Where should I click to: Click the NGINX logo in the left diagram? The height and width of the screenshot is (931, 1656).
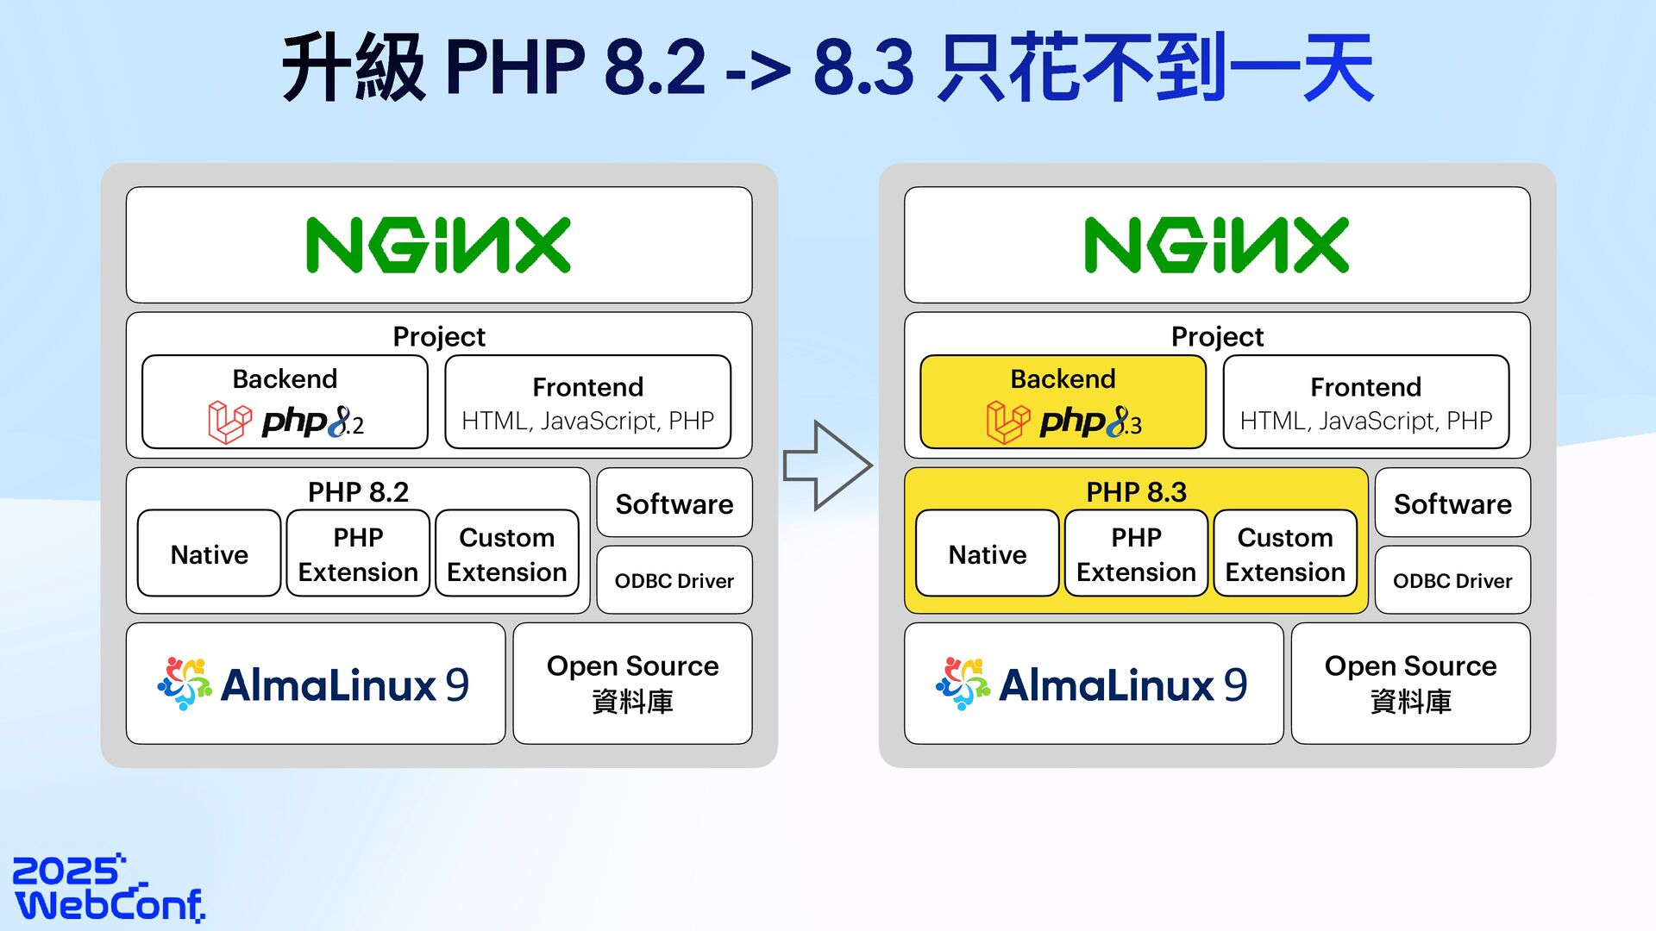[x=438, y=246]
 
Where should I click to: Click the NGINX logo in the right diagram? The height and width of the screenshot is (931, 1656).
[x=1216, y=246]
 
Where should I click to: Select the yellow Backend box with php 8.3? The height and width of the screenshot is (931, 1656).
[x=1063, y=402]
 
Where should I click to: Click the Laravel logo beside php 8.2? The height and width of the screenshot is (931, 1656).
[x=229, y=422]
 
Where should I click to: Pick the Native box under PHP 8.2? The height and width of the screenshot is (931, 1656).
[x=209, y=553]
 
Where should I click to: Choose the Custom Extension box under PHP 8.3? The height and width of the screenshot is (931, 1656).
[x=1285, y=553]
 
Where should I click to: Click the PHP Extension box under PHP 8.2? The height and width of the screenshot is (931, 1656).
[x=358, y=553]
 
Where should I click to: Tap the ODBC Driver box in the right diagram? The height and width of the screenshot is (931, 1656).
[x=1452, y=580]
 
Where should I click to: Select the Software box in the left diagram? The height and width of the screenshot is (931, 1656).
[x=674, y=503]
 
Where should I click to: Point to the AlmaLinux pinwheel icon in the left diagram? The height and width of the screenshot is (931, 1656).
[x=185, y=684]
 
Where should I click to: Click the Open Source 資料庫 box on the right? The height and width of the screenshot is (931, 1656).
[x=1410, y=684]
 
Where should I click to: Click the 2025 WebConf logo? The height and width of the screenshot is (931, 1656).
[x=109, y=889]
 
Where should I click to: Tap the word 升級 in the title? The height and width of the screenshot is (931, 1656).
[x=354, y=67]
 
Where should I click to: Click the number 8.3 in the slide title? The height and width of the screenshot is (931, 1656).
[x=863, y=67]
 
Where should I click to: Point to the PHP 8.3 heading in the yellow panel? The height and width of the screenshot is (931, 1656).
[x=1136, y=491]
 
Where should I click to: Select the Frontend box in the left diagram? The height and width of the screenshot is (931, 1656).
[x=587, y=402]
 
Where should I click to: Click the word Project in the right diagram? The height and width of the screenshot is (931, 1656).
[x=1217, y=336]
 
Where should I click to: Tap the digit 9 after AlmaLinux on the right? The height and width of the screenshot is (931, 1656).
[x=1235, y=685]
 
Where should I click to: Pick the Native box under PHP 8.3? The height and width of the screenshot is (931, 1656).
[x=987, y=553]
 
